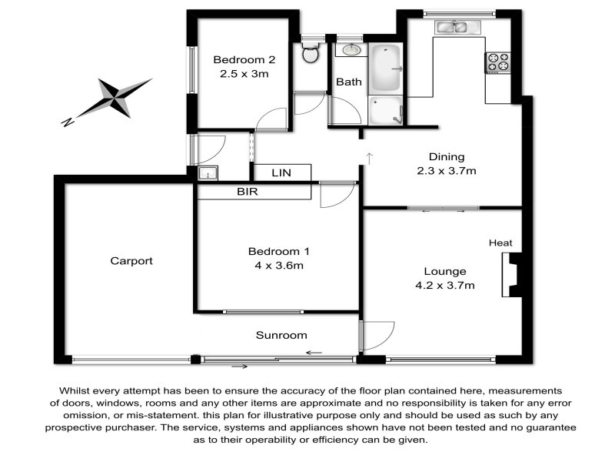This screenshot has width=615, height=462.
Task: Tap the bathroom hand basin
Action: coord(351,49)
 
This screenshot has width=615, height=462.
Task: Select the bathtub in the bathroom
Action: coord(386,69)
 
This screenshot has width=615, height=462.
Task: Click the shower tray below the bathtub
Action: coord(386,110)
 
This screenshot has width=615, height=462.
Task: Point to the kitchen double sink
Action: coord(457,27)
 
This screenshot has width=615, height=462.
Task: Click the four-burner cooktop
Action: coord(497,62)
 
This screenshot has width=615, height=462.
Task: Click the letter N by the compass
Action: coord(68,122)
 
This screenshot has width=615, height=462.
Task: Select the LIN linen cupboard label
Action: coord(281,172)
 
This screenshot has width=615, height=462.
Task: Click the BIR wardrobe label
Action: coord(248,191)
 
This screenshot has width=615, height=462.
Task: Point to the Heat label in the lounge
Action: coord(500,243)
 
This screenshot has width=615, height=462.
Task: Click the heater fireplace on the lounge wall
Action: coord(511,275)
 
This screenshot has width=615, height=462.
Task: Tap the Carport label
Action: coord(131,261)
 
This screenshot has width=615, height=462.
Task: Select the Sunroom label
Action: coord(281,335)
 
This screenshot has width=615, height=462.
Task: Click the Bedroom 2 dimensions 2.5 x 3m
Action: coord(244,74)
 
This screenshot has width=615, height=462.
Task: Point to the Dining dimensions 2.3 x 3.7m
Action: coord(447,171)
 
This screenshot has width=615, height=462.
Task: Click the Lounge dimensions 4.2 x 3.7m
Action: coord(445,285)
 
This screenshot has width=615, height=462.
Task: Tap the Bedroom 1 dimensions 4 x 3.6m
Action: coord(279,266)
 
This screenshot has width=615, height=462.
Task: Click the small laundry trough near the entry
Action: coord(208,172)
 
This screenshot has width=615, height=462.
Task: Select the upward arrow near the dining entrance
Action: coord(370,159)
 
